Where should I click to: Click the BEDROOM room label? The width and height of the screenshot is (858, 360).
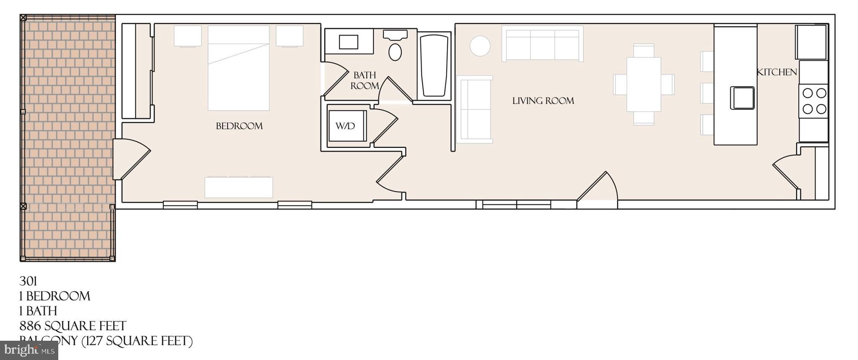(x=239, y=126)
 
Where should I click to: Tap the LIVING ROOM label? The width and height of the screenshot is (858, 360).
(x=543, y=101)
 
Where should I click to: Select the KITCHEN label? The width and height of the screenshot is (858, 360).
(x=776, y=72)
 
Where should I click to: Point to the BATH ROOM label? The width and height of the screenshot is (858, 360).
(x=365, y=80)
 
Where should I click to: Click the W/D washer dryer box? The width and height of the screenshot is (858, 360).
(x=346, y=126)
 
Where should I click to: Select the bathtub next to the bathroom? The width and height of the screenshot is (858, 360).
(x=434, y=65)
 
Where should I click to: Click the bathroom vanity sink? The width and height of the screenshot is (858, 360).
(x=348, y=42)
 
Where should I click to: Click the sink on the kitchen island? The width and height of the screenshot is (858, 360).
(x=742, y=98)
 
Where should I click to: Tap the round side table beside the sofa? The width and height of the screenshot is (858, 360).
(x=480, y=46)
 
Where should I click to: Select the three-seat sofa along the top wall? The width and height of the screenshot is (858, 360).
(x=542, y=44)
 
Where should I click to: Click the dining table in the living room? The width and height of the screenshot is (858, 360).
(x=643, y=84)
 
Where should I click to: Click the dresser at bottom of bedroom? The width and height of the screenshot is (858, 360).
(x=238, y=187)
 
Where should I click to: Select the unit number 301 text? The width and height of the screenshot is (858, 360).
(x=28, y=281)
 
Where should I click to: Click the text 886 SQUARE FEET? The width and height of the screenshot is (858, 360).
(x=73, y=326)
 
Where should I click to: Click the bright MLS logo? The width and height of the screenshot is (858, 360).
(x=29, y=350)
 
